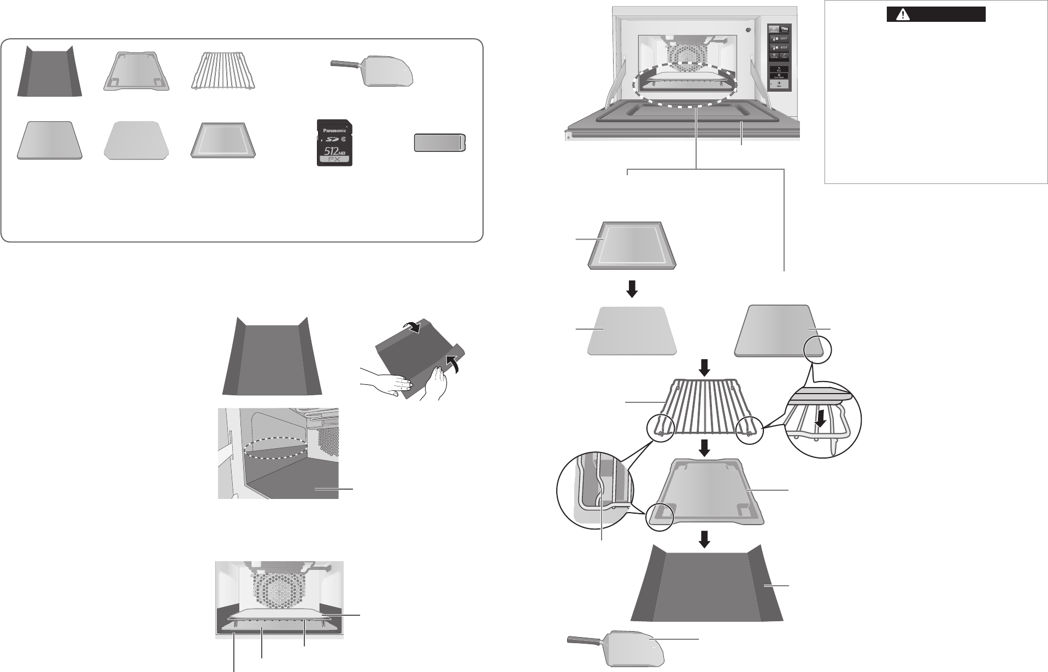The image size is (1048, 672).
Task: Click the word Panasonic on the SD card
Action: click(x=334, y=131)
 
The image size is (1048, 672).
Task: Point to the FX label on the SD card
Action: click(x=335, y=161)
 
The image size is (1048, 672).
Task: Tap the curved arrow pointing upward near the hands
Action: click(x=452, y=362)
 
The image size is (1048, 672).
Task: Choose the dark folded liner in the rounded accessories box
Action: click(x=49, y=72)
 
